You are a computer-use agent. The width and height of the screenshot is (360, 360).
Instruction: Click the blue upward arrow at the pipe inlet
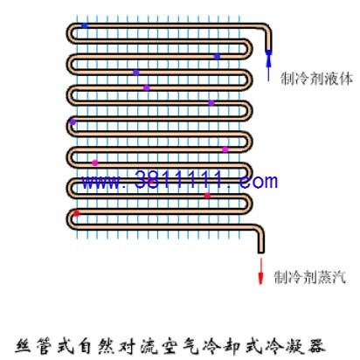click(x=268, y=66)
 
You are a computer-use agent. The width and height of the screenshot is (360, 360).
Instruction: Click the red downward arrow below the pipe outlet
click(x=260, y=271)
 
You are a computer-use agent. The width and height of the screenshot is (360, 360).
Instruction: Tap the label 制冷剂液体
click(x=316, y=79)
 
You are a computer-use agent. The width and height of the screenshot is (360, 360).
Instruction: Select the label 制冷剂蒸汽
click(x=310, y=277)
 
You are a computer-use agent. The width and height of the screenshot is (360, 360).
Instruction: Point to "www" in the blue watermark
click(x=100, y=183)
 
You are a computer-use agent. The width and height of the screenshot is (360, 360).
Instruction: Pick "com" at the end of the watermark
click(x=258, y=182)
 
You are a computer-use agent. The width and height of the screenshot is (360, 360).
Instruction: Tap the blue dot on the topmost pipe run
click(x=84, y=26)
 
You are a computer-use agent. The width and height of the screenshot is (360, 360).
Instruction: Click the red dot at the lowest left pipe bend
click(x=76, y=213)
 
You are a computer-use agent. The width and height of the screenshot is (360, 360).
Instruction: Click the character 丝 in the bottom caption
click(x=24, y=346)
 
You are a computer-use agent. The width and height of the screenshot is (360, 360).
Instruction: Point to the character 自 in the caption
click(x=86, y=346)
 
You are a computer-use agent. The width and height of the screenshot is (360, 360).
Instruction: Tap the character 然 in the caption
click(x=107, y=346)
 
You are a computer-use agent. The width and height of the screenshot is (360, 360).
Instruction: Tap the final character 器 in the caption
click(x=316, y=346)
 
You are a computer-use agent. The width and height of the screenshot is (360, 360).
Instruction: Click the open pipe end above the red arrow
click(x=261, y=252)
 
